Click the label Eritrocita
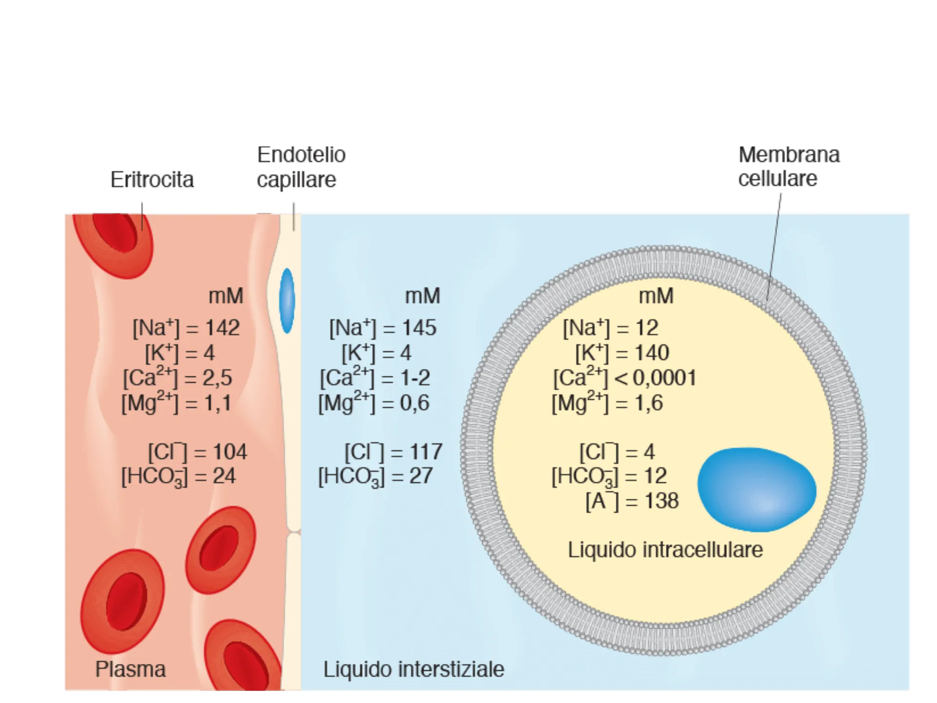pos(152,180)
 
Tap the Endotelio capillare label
pos(301,167)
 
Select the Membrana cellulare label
pos(788,166)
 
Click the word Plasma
pos(130,669)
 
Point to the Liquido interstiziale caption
pos(413,669)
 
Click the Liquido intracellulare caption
pos(665,550)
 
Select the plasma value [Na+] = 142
pos(186,328)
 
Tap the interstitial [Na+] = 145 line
pos(383,328)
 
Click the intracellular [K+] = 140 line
pos(622,352)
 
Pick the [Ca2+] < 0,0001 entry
pos(625,377)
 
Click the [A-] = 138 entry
pos(632,501)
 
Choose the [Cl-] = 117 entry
pos(393,452)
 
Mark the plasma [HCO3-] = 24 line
pos(179,476)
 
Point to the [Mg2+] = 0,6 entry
pos(374,403)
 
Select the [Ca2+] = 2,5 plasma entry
pos(178,377)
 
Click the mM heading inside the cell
pos(656,296)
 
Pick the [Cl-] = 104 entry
pos(198,452)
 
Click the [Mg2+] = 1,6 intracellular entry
pos(607,403)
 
